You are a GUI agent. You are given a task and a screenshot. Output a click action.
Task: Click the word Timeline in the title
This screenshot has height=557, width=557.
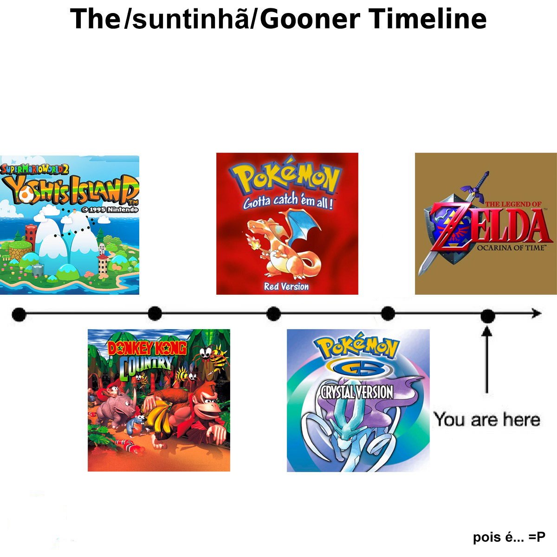[428, 19]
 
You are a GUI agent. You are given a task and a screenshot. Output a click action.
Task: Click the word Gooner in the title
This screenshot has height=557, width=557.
[311, 19]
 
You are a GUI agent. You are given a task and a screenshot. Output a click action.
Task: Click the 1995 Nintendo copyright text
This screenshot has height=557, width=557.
[110, 209]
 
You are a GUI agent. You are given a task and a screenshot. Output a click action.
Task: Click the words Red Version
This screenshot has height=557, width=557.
[286, 286]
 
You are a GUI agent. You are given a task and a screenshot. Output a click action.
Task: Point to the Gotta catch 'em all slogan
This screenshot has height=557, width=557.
[288, 201]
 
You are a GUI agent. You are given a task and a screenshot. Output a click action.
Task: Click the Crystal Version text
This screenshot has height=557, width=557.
[356, 393]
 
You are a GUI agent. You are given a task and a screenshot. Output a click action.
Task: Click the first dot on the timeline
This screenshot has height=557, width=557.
[19, 314]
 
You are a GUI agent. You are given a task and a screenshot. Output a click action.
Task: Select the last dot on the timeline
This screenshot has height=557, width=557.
[488, 316]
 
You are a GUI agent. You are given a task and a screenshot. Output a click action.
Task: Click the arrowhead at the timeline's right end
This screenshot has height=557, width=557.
[537, 313]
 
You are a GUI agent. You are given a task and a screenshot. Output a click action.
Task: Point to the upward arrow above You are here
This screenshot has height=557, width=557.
[487, 360]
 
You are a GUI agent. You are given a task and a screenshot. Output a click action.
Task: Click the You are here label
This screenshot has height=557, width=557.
[487, 420]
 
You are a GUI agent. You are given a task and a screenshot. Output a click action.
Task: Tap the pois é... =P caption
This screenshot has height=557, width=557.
[509, 537]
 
